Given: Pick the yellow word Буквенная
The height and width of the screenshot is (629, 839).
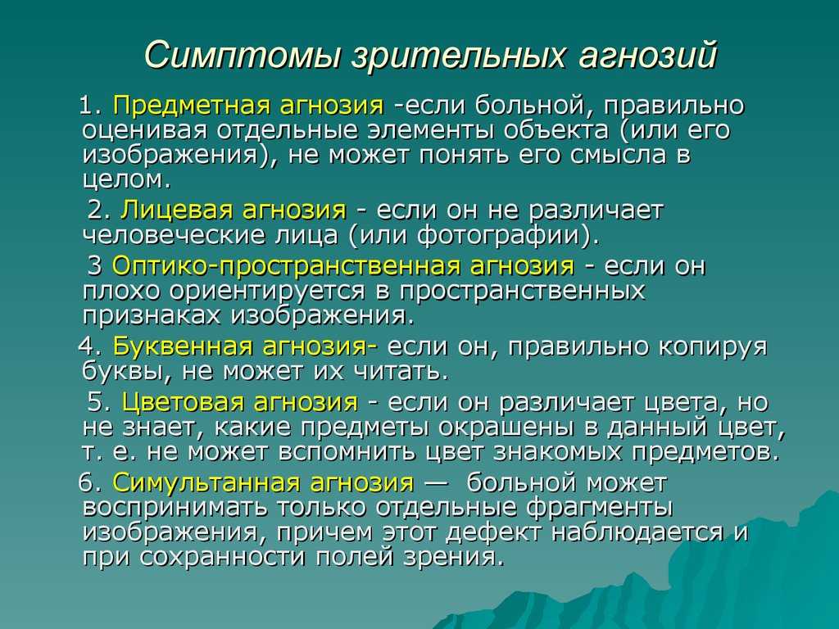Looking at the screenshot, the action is (182, 346).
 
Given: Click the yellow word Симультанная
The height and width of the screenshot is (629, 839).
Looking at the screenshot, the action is (206, 482).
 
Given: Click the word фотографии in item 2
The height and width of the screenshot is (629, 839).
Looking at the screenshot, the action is (500, 236).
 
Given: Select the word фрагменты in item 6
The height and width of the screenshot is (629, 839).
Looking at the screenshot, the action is (599, 508).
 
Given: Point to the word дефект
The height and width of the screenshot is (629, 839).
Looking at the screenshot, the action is (492, 533).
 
